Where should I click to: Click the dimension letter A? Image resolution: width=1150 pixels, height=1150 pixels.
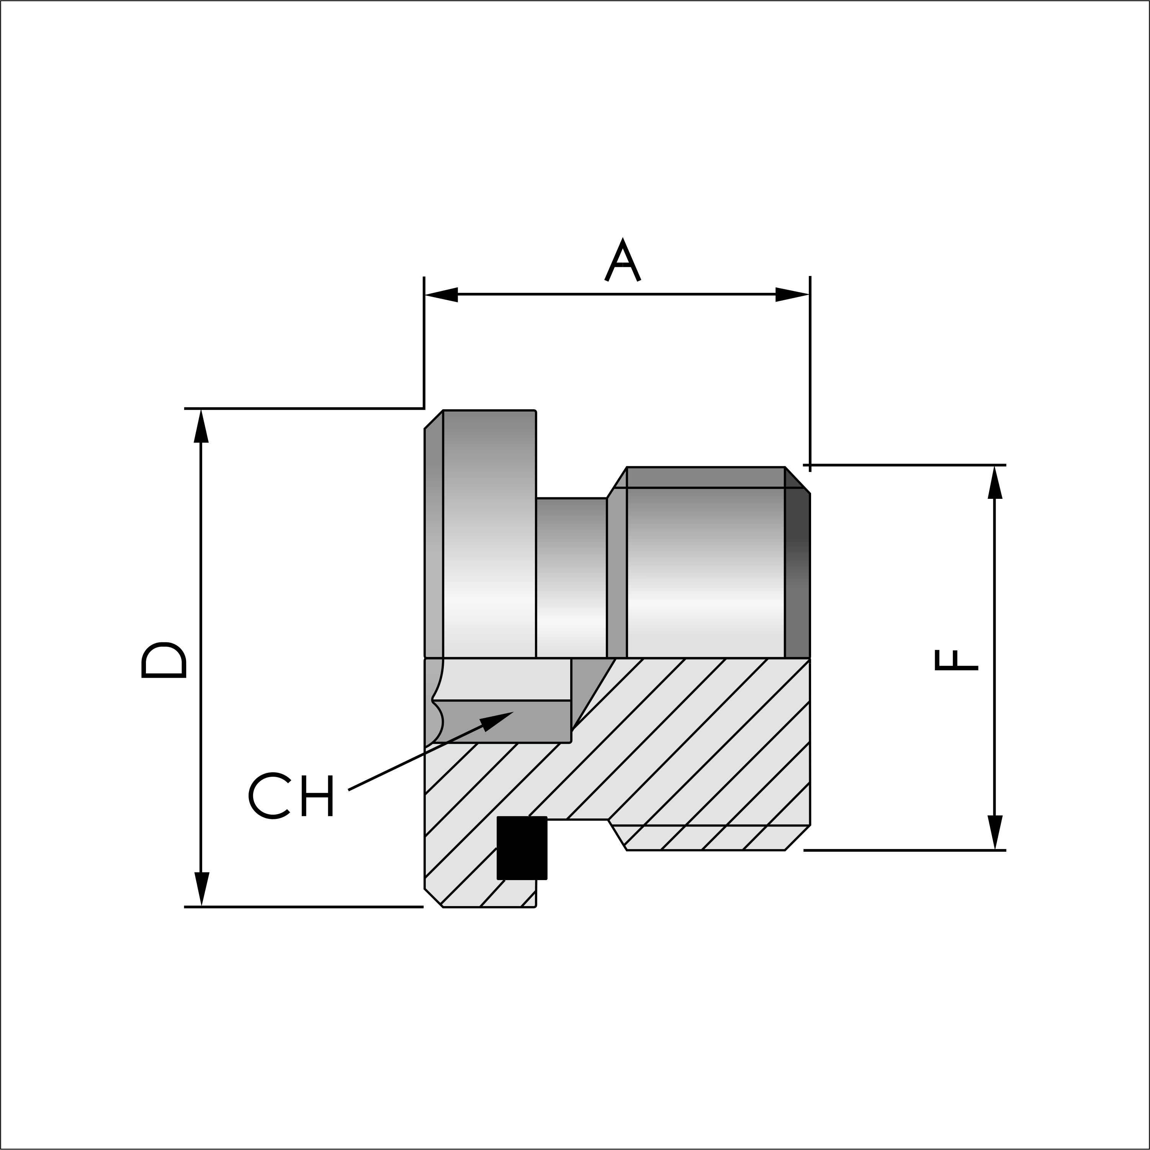tap(622, 261)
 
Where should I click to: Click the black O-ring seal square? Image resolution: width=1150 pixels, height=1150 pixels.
tap(522, 848)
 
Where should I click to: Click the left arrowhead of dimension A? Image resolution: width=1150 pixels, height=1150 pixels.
tap(441, 294)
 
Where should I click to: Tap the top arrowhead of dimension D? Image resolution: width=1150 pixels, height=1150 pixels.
tap(201, 427)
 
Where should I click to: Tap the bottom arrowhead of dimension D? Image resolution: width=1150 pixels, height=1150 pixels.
tap(201, 888)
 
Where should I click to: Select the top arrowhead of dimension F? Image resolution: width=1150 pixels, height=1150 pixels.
tap(995, 483)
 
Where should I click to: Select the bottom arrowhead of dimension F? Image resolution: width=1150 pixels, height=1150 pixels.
tap(995, 832)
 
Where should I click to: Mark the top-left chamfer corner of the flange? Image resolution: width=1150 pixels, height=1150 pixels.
tap(433, 419)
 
